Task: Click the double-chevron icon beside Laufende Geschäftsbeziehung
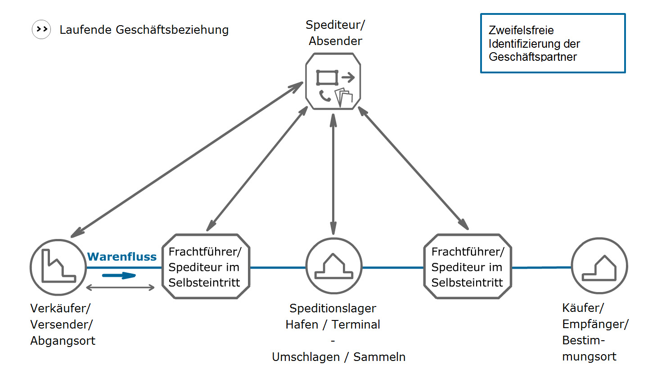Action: point(41,29)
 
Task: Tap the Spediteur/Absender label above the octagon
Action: point(335,32)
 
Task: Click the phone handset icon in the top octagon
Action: point(325,95)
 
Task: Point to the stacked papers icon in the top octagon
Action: point(343,97)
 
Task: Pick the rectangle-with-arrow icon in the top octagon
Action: point(335,78)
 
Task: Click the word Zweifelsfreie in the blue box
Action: point(521,30)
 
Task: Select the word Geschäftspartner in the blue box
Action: point(533,57)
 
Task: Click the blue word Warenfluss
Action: point(121,257)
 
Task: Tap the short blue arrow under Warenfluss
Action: point(119,275)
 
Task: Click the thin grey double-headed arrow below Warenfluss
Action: point(120,288)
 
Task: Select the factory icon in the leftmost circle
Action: point(58,266)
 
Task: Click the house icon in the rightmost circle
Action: point(599,268)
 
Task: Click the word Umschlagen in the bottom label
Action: point(306,357)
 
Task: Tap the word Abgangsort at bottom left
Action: point(63,341)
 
